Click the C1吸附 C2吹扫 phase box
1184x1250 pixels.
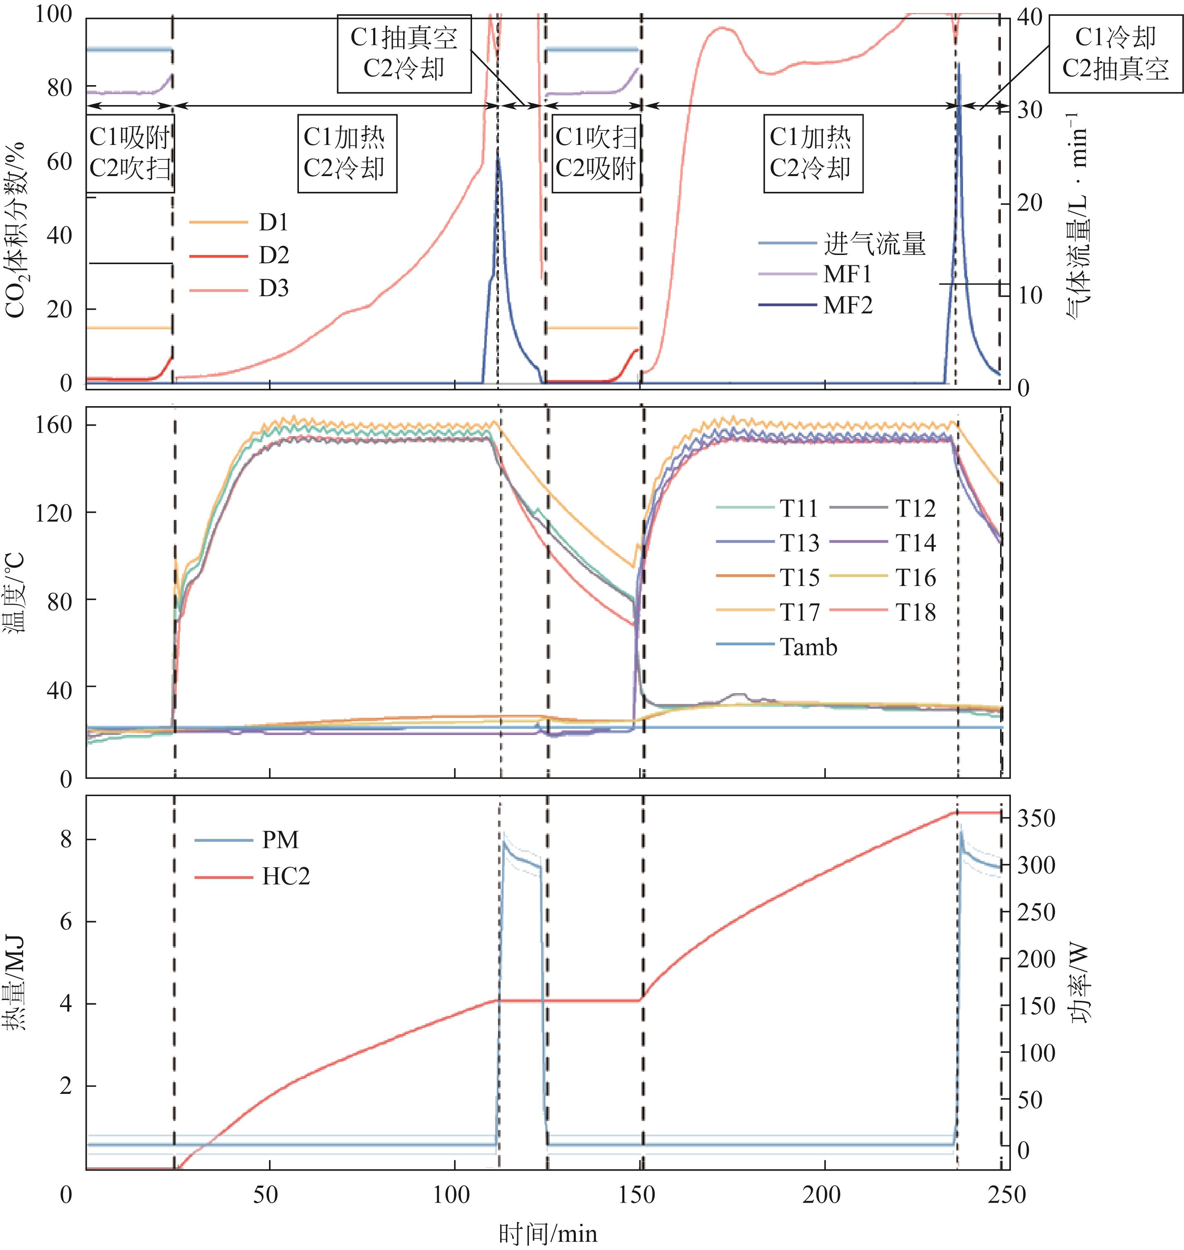pos(130,153)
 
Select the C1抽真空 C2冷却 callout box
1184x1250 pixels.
pos(404,53)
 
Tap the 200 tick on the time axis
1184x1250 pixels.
pos(824,1194)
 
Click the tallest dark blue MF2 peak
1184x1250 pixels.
pos(958,63)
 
